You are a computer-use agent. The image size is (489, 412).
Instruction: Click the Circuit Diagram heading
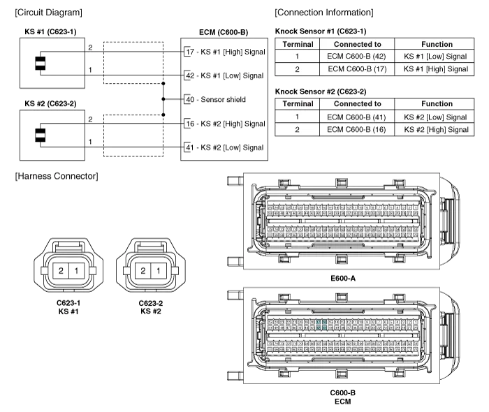pyautogui.click(x=48, y=13)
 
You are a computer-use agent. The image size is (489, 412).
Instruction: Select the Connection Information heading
pyautogui.click(x=323, y=13)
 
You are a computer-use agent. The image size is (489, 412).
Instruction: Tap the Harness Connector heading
pyautogui.click(x=56, y=176)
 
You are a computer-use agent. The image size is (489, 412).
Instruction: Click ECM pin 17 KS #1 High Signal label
pyautogui.click(x=224, y=52)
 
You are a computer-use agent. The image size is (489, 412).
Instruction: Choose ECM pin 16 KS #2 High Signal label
pyautogui.click(x=224, y=124)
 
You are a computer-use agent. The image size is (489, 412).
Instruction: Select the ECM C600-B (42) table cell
pyautogui.click(x=357, y=57)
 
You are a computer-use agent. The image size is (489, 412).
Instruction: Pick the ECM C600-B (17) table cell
pyautogui.click(x=357, y=69)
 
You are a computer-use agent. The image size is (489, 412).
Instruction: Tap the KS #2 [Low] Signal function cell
pyautogui.click(x=436, y=117)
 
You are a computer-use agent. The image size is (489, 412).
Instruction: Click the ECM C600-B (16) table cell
pyautogui.click(x=357, y=129)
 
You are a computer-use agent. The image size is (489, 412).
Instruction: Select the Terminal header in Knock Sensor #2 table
pyautogui.click(x=297, y=104)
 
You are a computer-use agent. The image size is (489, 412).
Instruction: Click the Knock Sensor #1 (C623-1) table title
pyautogui.click(x=321, y=31)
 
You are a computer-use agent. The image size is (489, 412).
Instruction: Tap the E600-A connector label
pyautogui.click(x=343, y=278)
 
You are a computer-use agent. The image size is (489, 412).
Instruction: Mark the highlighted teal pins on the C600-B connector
pyautogui.click(x=321, y=325)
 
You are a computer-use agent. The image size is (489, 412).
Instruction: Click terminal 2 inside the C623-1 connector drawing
pyautogui.click(x=61, y=270)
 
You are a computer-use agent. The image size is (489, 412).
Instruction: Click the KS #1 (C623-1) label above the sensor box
pyautogui.click(x=51, y=32)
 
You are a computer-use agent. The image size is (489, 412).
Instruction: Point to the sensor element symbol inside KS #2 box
pyautogui.click(x=43, y=135)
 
